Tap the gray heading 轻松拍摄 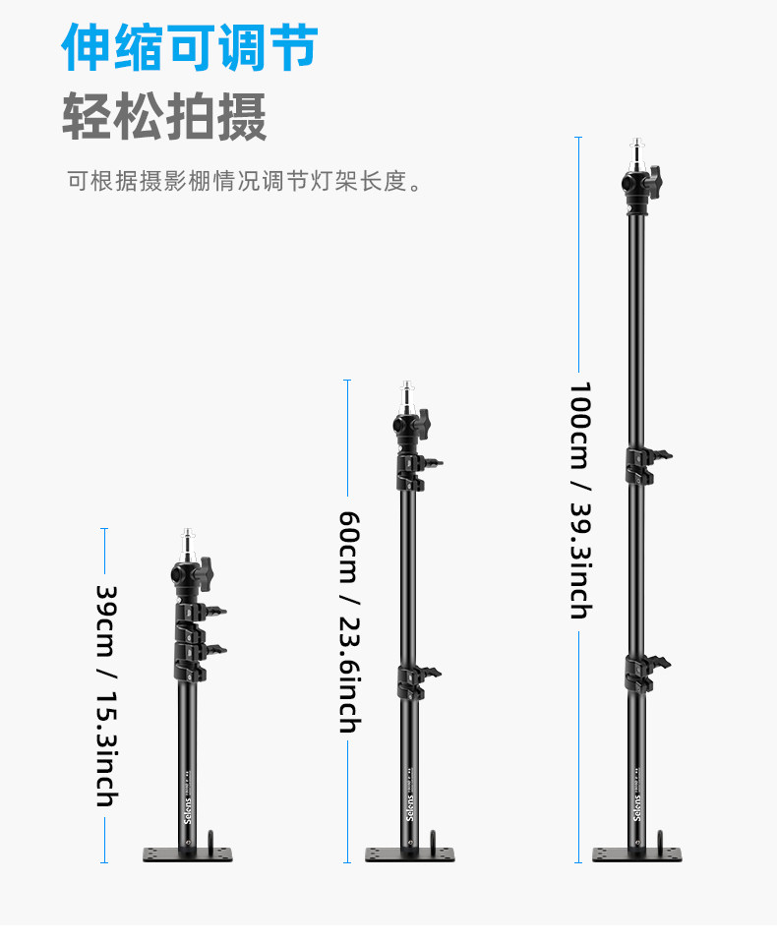point(164,117)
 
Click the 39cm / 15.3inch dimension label point(105,696)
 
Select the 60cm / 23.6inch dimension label point(347,621)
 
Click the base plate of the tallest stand point(636,854)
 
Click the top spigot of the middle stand point(408,395)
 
